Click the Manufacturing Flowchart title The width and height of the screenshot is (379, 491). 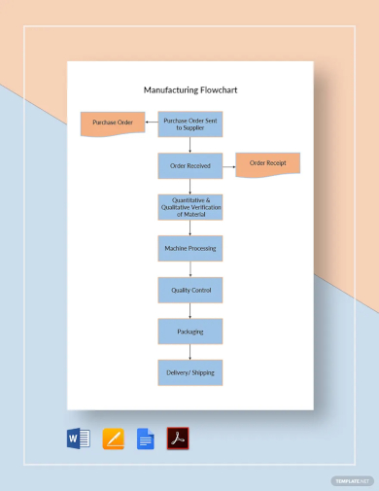[x=189, y=89]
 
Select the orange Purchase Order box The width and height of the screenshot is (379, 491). [x=112, y=123]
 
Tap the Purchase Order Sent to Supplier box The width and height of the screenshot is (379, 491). [x=190, y=123]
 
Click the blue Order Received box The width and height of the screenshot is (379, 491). [x=190, y=166]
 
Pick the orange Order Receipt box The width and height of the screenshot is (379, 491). [x=268, y=163]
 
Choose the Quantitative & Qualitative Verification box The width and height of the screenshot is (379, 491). [x=190, y=206]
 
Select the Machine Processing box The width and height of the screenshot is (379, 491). [x=190, y=248]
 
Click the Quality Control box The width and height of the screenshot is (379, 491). [x=190, y=290]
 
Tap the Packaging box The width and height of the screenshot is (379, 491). [x=190, y=331]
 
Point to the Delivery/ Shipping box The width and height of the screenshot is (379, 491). [x=190, y=372]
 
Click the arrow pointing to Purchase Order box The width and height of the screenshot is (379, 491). [x=151, y=123]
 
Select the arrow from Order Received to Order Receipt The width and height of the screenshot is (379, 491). [x=229, y=166]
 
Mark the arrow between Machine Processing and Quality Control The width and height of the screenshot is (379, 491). [x=190, y=269]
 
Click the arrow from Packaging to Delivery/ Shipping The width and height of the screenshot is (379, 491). [x=190, y=352]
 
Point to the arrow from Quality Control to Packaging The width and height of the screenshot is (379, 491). [x=190, y=310]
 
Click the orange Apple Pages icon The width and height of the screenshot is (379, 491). [x=113, y=438]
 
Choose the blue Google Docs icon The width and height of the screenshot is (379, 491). [x=146, y=438]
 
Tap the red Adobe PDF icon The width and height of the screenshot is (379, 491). [x=178, y=438]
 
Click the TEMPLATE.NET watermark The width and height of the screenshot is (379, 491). [x=352, y=480]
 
